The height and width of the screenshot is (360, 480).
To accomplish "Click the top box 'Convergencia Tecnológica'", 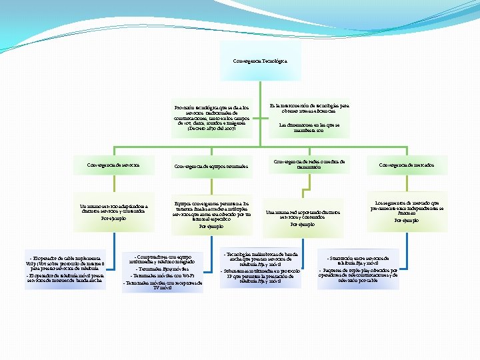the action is tap(260, 61).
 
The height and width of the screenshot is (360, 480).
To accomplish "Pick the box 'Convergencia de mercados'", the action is tap(406, 165).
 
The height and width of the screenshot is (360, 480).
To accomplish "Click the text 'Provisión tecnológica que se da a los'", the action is tap(211, 107).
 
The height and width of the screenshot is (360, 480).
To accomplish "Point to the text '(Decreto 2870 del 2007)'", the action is tap(211, 128).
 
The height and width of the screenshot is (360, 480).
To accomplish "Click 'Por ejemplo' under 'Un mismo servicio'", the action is tap(113, 218).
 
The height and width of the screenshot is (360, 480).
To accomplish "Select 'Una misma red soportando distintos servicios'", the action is tap(303, 215).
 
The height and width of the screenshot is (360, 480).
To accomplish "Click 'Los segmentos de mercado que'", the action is tap(407, 202).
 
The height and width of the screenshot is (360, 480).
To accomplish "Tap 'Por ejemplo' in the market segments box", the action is tap(407, 220).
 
